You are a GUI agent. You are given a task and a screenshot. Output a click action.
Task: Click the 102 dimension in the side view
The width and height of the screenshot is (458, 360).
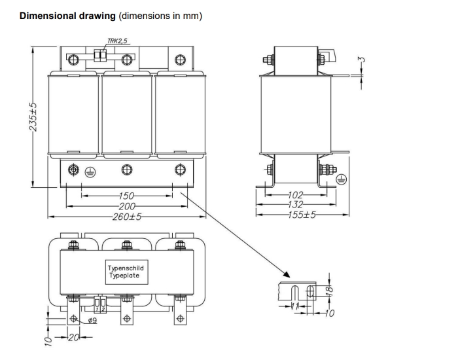point(296,194)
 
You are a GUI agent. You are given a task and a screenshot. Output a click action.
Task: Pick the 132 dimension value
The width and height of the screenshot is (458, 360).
point(296,204)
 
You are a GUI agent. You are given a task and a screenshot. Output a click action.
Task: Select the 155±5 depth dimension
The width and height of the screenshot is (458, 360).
point(298,214)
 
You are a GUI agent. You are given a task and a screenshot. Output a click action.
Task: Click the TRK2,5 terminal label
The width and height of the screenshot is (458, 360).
point(117,41)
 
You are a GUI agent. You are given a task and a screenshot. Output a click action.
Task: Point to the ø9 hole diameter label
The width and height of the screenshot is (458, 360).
point(92,320)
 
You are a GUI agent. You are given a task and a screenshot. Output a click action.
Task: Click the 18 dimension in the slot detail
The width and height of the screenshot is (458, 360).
point(331,288)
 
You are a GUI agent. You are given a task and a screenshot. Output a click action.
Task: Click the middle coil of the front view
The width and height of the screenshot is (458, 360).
point(126,116)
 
